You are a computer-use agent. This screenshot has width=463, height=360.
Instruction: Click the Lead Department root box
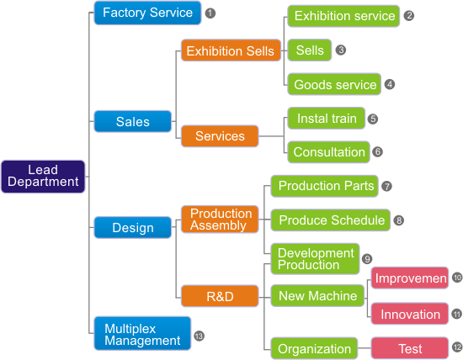[x=43, y=177]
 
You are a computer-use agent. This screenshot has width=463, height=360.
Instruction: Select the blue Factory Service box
[x=147, y=13]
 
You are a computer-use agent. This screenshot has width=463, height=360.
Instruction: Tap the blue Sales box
[x=132, y=121]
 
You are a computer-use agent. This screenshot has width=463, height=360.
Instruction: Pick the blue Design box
[x=132, y=227]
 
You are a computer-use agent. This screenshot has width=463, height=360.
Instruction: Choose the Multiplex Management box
[x=142, y=333]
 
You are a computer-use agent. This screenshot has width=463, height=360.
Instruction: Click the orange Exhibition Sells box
[x=231, y=50]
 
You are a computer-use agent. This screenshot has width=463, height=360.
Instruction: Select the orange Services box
[x=220, y=136]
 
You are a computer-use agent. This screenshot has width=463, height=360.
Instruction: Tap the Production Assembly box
[x=220, y=220]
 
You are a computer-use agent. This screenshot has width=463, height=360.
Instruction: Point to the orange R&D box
[x=220, y=296]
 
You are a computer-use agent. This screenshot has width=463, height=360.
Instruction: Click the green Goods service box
[x=334, y=84]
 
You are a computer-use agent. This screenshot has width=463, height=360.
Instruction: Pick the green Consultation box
[x=328, y=152]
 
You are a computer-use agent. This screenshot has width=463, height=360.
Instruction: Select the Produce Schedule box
[x=331, y=220]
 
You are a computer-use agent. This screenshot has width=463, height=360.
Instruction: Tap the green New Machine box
[x=317, y=296]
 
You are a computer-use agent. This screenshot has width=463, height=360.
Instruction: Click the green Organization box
[x=314, y=348]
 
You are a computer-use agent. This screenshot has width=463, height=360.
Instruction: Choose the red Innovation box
[x=410, y=314]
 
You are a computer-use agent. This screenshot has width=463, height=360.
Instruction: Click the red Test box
[x=410, y=348]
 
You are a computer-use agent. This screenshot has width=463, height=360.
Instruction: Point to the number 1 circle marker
[x=210, y=13]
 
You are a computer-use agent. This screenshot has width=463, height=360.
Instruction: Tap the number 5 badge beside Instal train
[x=373, y=119]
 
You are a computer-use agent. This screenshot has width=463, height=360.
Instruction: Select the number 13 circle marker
[x=199, y=336]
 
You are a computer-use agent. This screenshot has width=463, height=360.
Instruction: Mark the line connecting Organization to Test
[x=365, y=348]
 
